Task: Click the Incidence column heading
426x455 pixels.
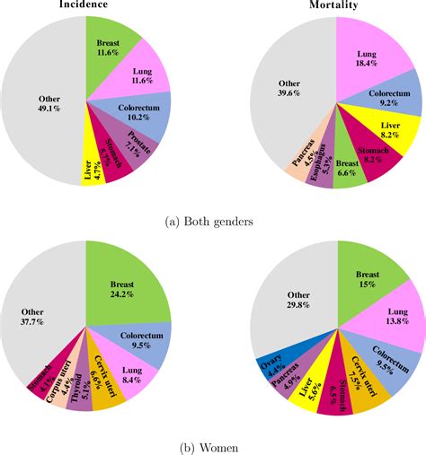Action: tap(84, 5)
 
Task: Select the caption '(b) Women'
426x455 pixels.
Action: tap(213, 443)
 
